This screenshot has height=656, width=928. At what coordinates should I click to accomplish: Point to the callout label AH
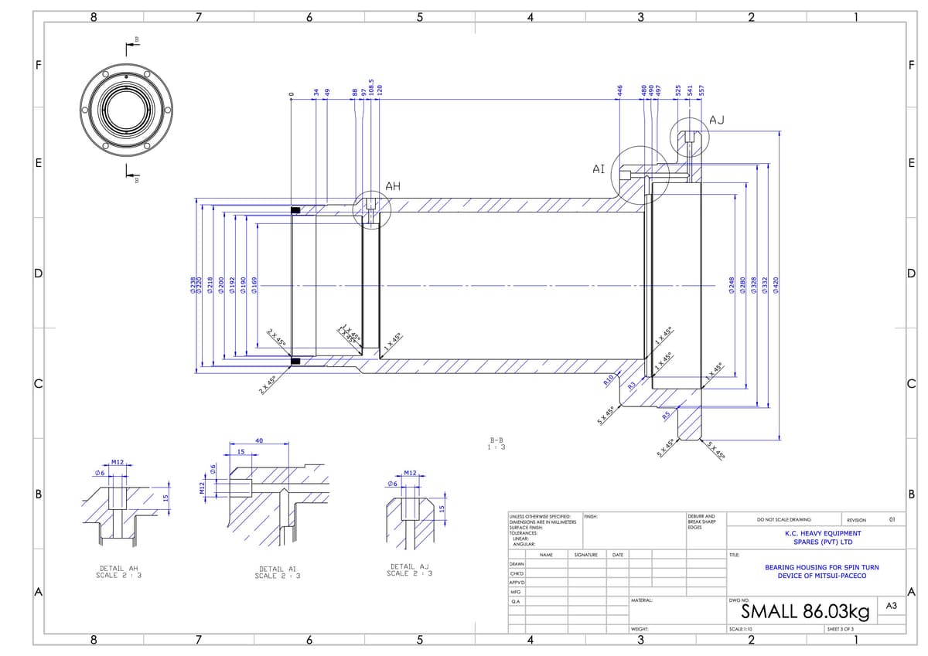pyautogui.click(x=393, y=185)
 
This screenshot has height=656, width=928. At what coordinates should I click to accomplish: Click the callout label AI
pyautogui.click(x=598, y=168)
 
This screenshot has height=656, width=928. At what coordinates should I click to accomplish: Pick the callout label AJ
pyautogui.click(x=717, y=119)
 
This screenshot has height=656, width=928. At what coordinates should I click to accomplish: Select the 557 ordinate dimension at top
pyautogui.click(x=701, y=91)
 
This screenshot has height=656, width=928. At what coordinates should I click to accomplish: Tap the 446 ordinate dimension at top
pyautogui.click(x=619, y=91)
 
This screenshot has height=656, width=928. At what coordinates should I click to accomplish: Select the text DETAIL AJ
pyautogui.click(x=409, y=566)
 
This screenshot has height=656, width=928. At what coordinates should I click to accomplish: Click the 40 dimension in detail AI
pyautogui.click(x=259, y=440)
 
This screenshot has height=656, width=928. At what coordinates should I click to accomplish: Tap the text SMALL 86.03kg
pyautogui.click(x=805, y=612)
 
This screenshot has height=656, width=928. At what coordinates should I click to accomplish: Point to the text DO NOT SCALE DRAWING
pyautogui.click(x=783, y=520)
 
